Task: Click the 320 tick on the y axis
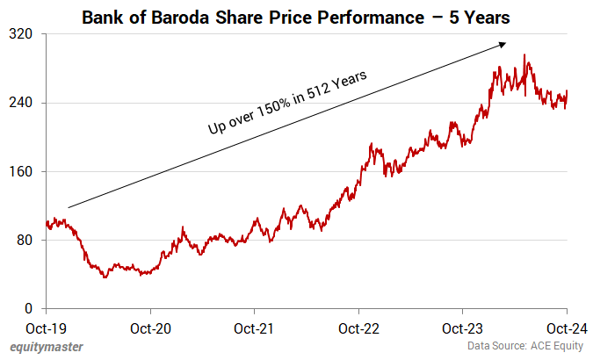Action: [23, 34]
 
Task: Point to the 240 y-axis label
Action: [23, 103]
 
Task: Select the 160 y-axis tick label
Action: [23, 171]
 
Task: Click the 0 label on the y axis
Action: [30, 308]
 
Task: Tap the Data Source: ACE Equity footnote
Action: [524, 347]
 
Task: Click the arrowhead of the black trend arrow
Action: [503, 44]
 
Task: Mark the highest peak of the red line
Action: [524, 54]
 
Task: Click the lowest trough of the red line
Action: [105, 277]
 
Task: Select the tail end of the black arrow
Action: [69, 207]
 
